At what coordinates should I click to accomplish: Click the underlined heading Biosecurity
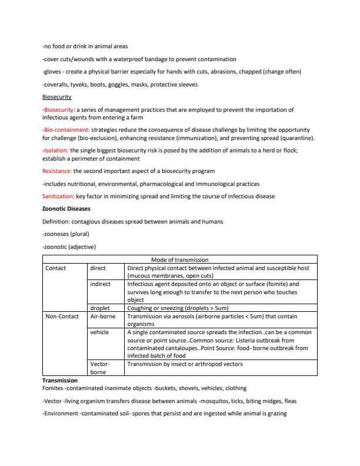[56, 96]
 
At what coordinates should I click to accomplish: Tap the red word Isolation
[57, 150]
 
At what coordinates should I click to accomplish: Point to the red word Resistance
[57, 171]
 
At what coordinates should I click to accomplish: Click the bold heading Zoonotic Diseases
[66, 209]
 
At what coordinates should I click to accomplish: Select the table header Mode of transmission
[180, 259]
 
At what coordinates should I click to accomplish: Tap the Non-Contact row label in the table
[62, 316]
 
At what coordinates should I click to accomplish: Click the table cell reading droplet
[100, 307]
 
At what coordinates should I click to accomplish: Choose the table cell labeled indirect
[101, 284]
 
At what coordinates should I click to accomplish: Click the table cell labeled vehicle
[99, 332]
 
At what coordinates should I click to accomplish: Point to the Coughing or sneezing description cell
[178, 307]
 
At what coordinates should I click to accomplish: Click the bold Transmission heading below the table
[61, 381]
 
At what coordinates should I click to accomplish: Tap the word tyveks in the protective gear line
[79, 84]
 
